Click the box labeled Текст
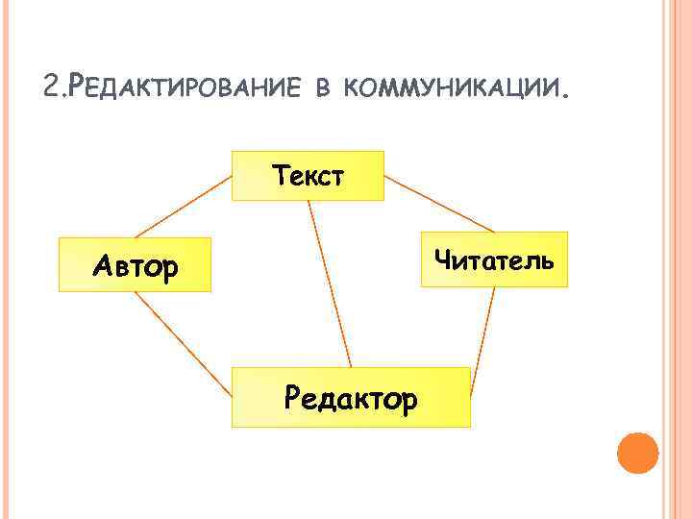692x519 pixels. [x=309, y=176]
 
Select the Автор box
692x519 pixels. [x=135, y=264]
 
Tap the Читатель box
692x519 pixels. [x=494, y=259]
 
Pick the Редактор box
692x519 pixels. [x=351, y=397]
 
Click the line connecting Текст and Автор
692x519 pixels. [x=184, y=207]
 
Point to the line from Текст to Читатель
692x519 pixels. [x=438, y=204]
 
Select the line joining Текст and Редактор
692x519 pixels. [x=330, y=284]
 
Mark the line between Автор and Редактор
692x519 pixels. [x=184, y=344]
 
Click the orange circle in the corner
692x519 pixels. [x=637, y=452]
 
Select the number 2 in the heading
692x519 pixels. [x=51, y=88]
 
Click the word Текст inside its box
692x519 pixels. [x=309, y=176]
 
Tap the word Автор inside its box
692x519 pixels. [x=135, y=265]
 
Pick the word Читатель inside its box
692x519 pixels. [x=494, y=259]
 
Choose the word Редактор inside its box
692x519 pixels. [x=351, y=397]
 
